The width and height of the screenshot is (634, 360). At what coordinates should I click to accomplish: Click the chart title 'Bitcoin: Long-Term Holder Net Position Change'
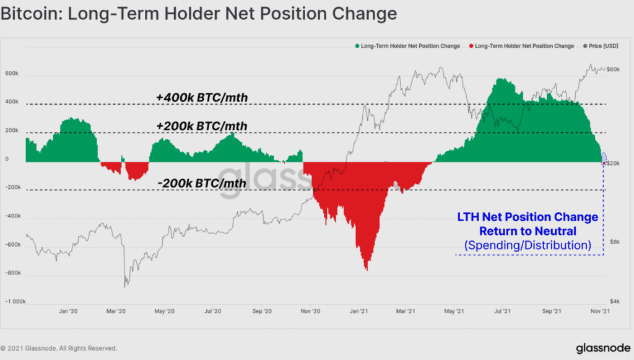click(x=198, y=14)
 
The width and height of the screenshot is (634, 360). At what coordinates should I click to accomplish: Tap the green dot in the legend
click(x=357, y=46)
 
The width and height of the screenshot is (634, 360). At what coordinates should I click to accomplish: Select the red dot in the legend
click(x=471, y=46)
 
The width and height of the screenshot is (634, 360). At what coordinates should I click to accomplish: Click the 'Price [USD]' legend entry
click(x=600, y=46)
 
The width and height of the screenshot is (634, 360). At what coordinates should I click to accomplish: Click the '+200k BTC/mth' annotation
click(x=202, y=126)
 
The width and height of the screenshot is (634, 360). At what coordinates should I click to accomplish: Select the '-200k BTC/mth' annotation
click(x=202, y=183)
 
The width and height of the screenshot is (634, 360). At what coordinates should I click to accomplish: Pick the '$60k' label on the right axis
click(x=614, y=69)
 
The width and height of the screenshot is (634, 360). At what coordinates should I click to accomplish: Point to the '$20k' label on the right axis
click(x=614, y=163)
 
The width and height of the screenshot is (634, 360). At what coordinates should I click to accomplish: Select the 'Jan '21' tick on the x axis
click(x=363, y=312)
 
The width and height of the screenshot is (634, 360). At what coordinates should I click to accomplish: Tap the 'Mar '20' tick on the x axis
click(x=118, y=312)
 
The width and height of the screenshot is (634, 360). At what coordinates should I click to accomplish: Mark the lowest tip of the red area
click(x=367, y=270)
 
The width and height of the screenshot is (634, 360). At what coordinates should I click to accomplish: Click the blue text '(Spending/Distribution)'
click(x=528, y=245)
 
